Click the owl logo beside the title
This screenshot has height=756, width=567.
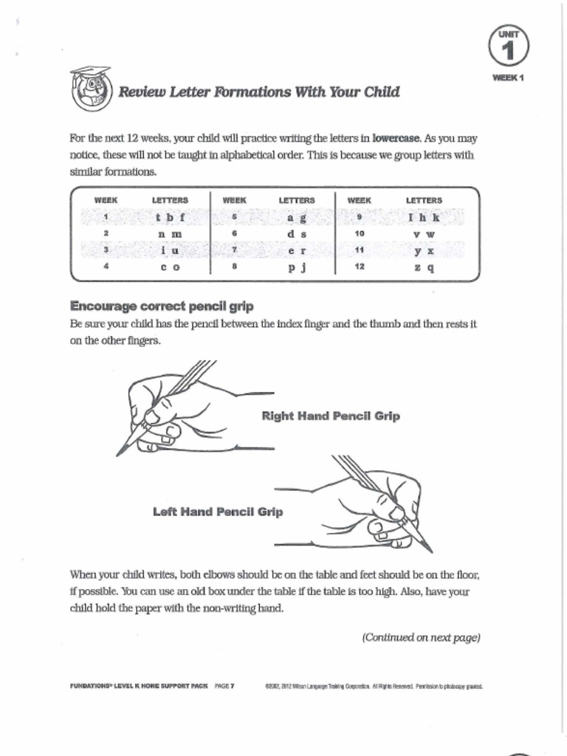coord(91,89)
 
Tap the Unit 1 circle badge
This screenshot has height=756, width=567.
coord(507,47)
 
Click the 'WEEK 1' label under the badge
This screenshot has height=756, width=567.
coord(508,78)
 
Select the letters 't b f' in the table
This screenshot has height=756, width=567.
coord(170,218)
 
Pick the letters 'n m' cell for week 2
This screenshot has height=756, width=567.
coord(170,234)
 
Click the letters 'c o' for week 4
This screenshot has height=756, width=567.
coord(170,267)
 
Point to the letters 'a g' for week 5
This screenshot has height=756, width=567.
coord(297,218)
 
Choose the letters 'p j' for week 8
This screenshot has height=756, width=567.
coord(297,267)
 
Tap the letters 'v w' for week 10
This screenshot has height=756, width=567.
coord(425,234)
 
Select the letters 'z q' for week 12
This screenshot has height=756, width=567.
coord(425,267)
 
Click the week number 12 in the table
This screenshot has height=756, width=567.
coord(360,267)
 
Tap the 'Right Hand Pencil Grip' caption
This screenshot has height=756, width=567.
coord(331,416)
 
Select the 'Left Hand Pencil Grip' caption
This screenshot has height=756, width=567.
coord(217,511)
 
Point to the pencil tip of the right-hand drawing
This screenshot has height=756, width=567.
coord(118,454)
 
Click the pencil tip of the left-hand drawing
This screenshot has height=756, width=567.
coord(431,551)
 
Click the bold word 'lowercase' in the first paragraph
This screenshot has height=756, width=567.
coord(396,138)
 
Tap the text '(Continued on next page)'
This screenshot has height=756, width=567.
coord(421,638)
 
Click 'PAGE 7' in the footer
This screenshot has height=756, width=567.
coord(224,686)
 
